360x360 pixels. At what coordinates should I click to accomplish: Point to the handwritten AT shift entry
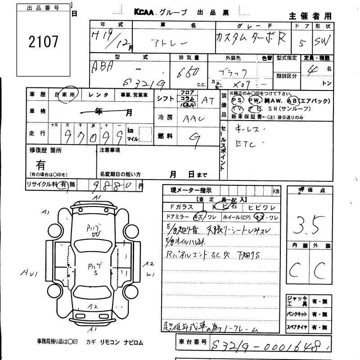click(x=208, y=102)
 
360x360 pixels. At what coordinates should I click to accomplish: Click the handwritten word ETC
click(x=246, y=144)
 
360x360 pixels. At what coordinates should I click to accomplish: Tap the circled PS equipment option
click(x=236, y=100)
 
